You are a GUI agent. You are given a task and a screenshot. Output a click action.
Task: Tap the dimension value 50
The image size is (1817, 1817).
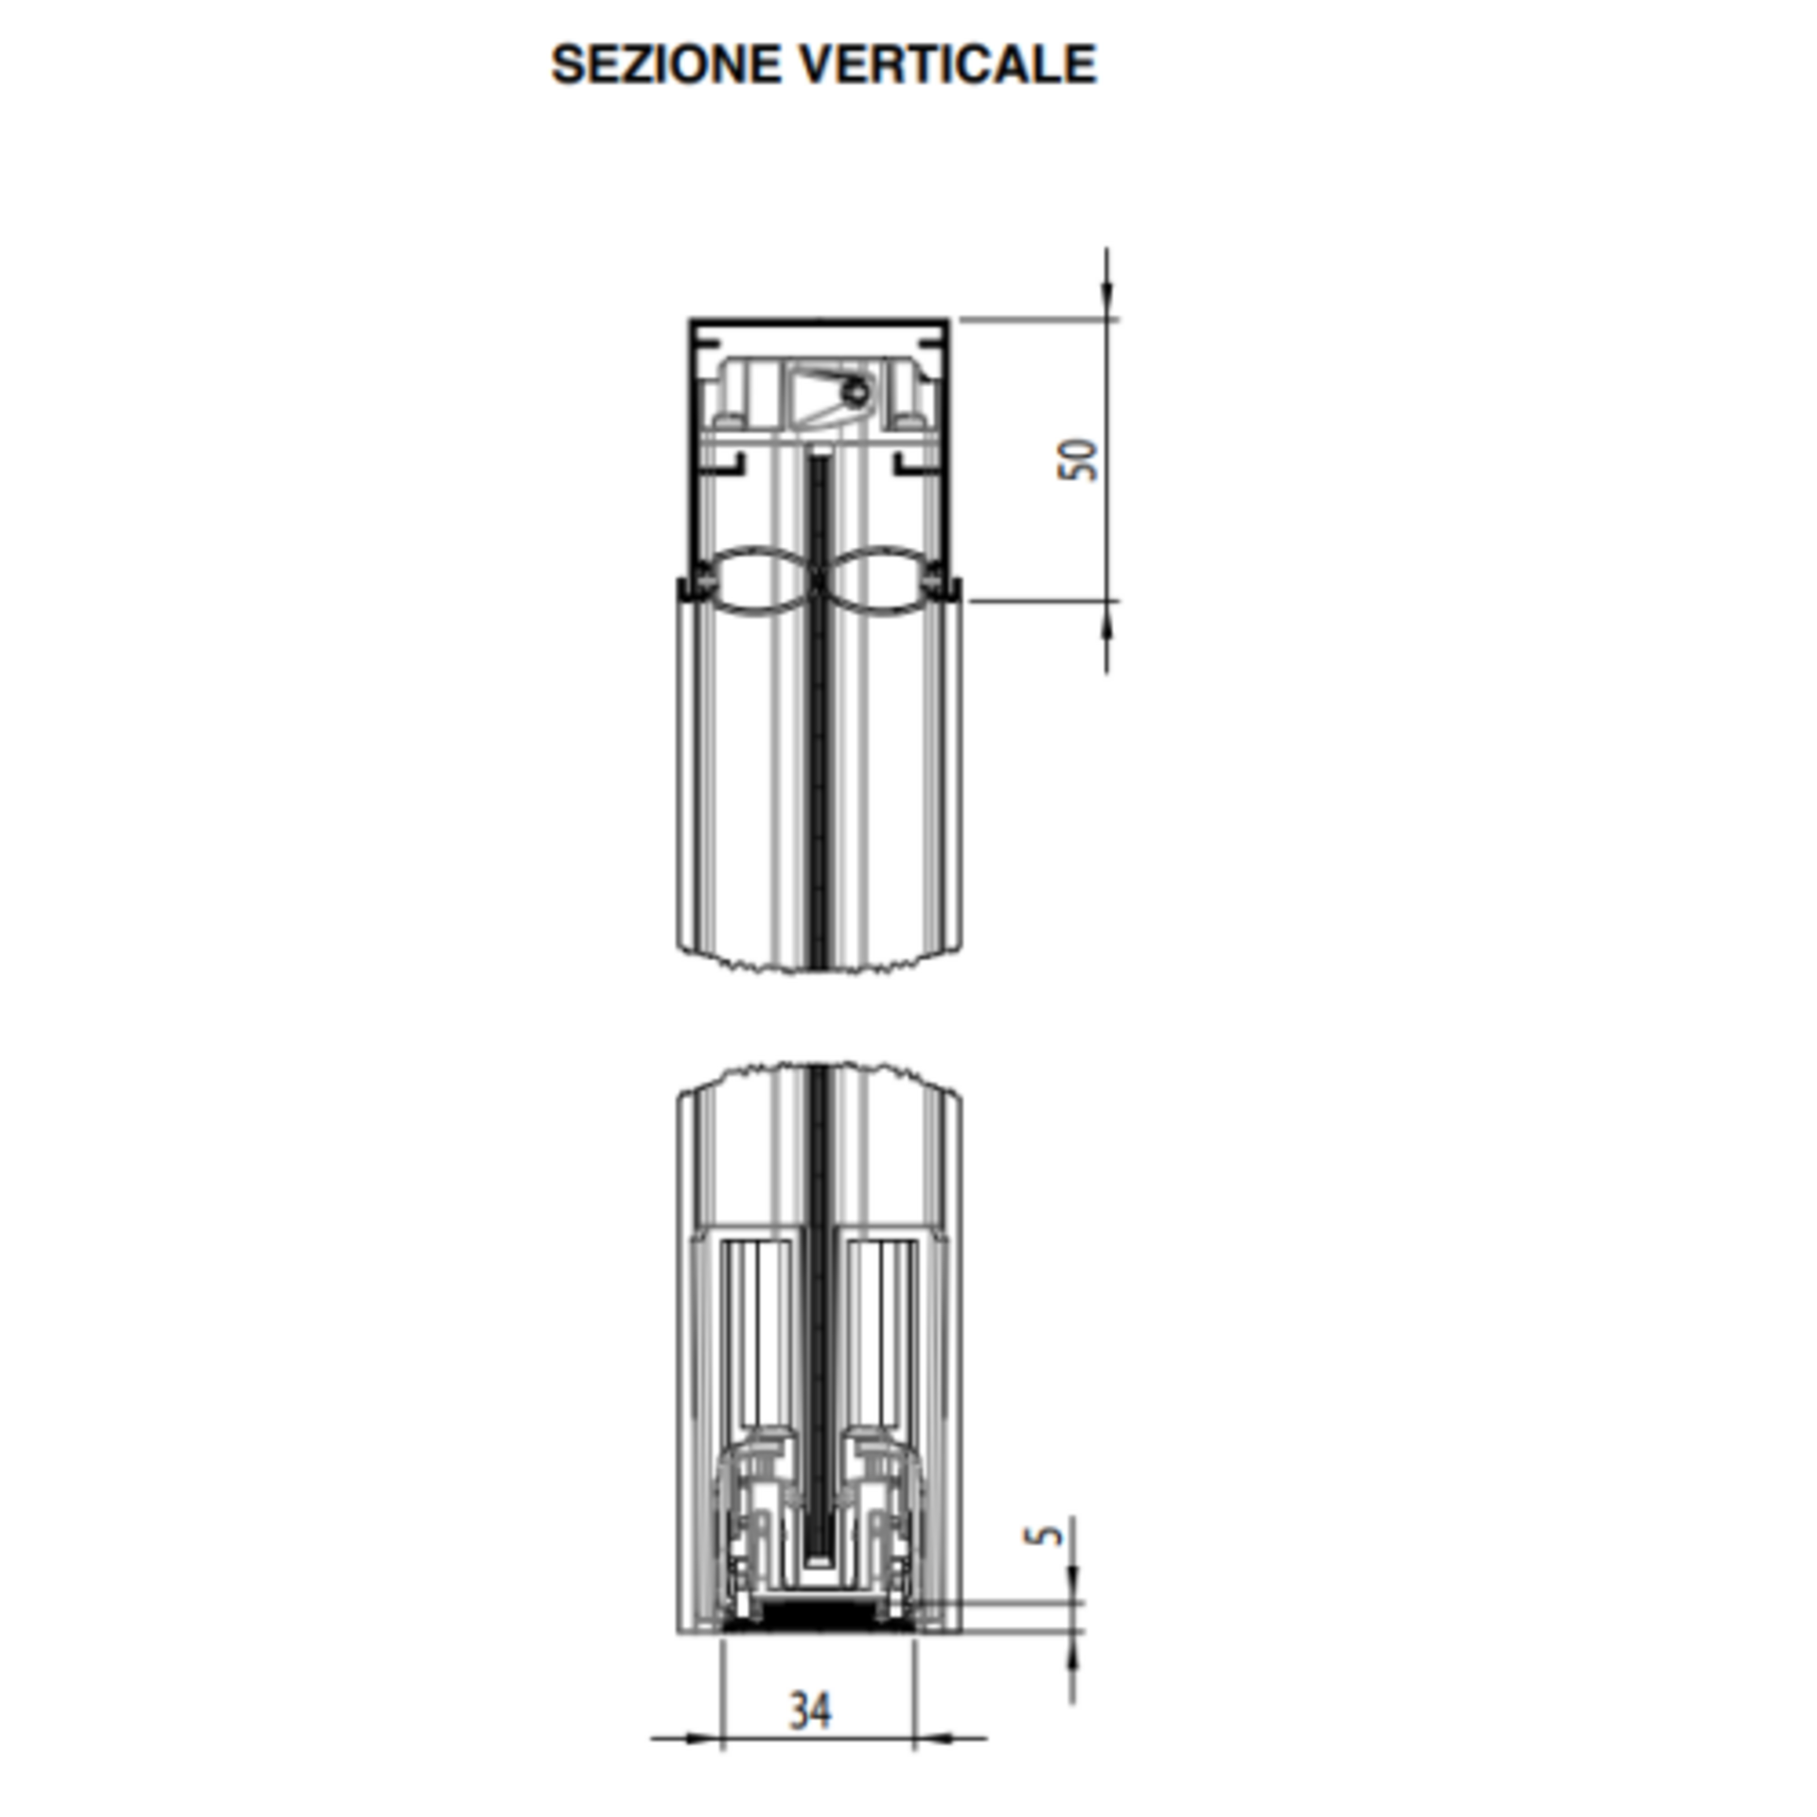click(1078, 460)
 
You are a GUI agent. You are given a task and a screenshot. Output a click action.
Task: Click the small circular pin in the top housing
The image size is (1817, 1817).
click(856, 392)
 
